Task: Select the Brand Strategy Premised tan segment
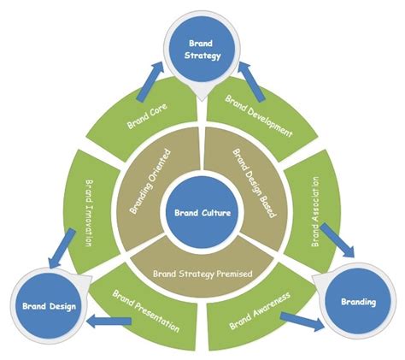tap(202, 275)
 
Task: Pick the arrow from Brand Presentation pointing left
tap(101, 322)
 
